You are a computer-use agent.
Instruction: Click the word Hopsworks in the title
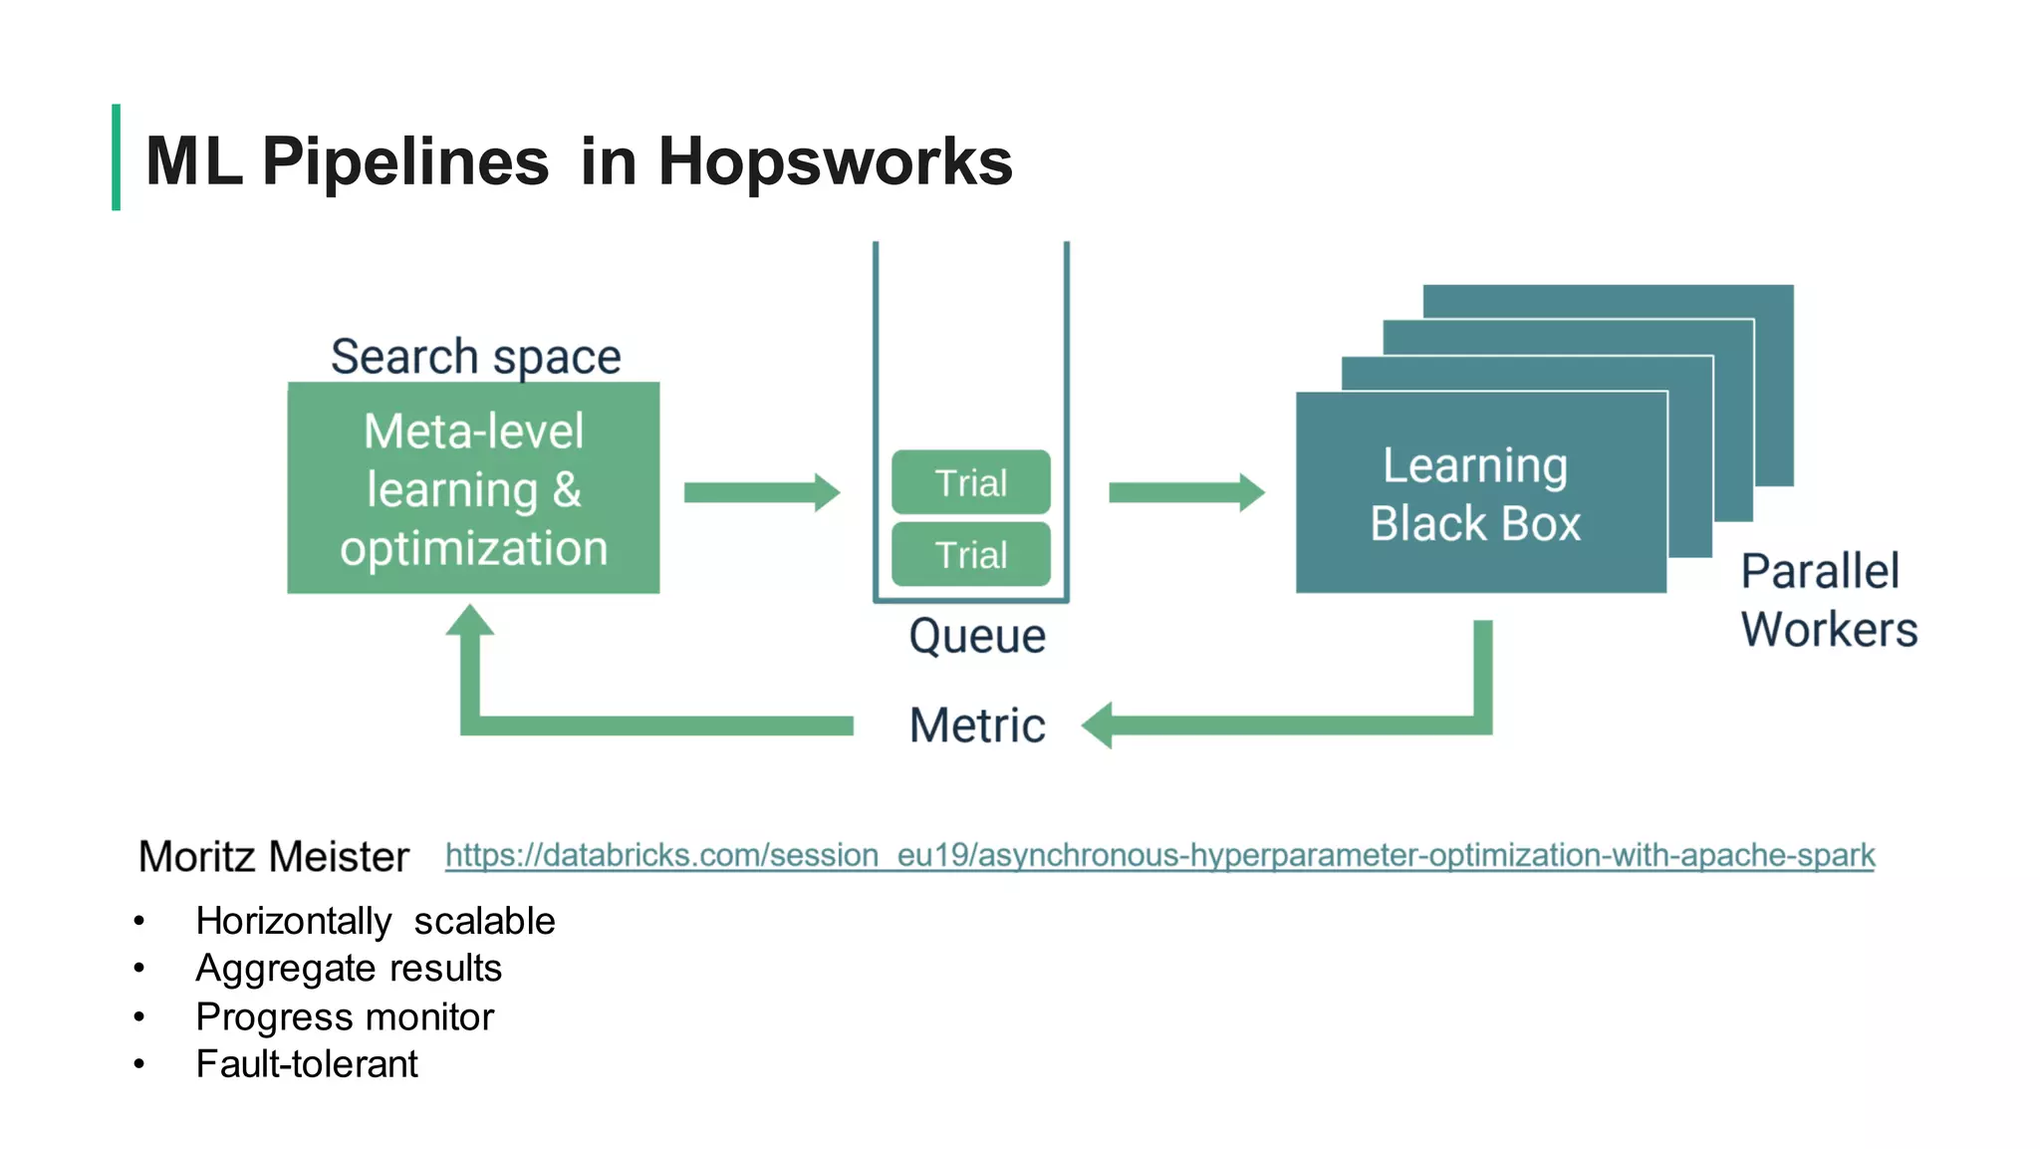click(835, 161)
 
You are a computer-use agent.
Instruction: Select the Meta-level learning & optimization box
click(473, 488)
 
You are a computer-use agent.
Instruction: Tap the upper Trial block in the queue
click(970, 482)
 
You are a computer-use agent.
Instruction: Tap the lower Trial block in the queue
click(970, 554)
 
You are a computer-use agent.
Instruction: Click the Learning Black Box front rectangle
click(1480, 493)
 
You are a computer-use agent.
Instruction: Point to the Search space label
click(475, 357)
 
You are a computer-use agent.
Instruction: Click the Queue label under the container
click(976, 636)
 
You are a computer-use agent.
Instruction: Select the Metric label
click(976, 724)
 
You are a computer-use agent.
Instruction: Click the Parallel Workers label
click(1828, 600)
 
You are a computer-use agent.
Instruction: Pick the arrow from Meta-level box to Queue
click(761, 492)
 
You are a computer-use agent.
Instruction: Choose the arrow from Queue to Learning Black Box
click(1185, 492)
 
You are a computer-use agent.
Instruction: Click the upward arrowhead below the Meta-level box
click(470, 621)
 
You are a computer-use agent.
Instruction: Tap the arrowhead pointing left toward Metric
click(1098, 725)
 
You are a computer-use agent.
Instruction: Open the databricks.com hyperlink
click(1158, 855)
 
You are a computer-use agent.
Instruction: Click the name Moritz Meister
click(273, 857)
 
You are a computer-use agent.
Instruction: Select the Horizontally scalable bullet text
click(375, 921)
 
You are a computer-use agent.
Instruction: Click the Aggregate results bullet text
click(348, 969)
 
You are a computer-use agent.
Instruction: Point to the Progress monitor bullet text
click(344, 1016)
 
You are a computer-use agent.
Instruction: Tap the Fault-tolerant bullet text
click(306, 1064)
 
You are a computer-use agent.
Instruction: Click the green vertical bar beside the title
click(117, 157)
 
